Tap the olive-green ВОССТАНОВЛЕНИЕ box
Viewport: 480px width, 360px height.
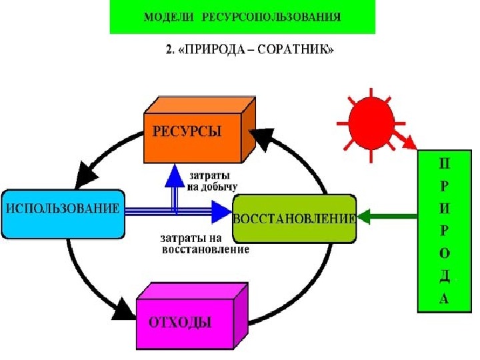[293, 219]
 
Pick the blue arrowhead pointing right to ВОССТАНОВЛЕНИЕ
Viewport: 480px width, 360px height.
[219, 211]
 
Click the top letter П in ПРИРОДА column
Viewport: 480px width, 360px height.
[444, 163]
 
